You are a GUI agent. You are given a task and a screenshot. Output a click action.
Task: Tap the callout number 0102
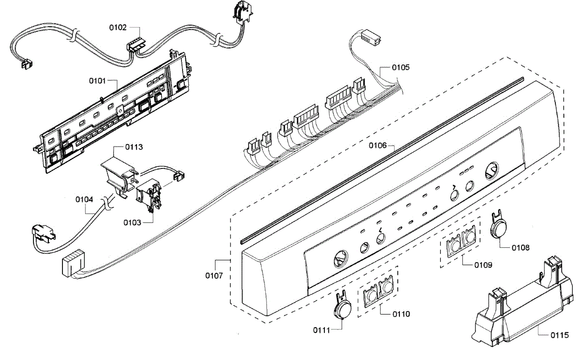point(117,28)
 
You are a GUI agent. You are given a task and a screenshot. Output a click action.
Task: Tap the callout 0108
point(521,247)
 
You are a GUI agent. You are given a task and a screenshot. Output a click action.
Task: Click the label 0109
point(483,265)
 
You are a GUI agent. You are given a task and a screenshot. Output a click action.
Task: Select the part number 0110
point(401,314)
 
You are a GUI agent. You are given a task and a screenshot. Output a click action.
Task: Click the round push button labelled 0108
point(499,227)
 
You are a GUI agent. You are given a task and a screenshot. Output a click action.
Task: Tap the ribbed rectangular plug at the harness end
point(73,265)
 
